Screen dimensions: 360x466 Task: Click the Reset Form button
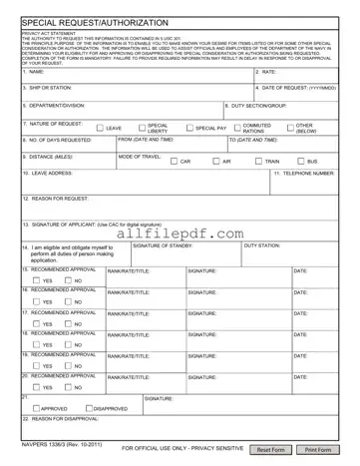272,450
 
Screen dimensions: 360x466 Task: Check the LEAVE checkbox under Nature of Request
100,129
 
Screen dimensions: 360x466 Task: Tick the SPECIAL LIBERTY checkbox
140,129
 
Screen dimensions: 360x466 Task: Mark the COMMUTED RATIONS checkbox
237,129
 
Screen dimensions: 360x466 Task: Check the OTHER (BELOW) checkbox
289,129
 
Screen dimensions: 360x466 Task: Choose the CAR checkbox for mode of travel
173,161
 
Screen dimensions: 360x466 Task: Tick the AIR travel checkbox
215,161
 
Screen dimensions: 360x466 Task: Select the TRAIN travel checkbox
257,161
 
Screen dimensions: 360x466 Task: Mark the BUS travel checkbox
300,161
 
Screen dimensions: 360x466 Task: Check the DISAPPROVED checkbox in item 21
89,408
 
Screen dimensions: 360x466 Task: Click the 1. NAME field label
34,72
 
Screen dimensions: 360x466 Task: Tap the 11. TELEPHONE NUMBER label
304,173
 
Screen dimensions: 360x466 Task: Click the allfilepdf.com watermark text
180,233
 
